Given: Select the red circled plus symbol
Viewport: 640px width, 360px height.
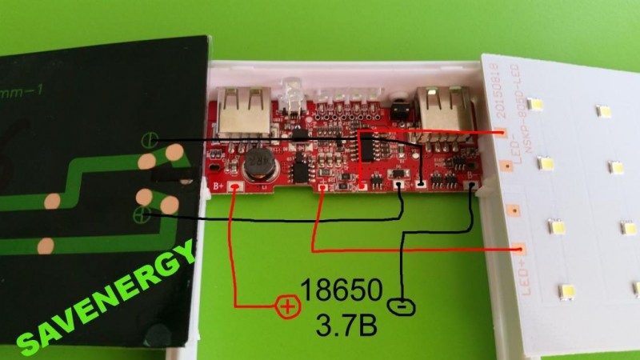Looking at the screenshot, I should [x=286, y=305].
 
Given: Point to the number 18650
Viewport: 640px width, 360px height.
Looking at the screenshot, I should [x=337, y=289].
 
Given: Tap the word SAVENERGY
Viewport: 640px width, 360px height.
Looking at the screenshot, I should [x=104, y=299].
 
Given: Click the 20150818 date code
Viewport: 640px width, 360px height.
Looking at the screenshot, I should [x=495, y=89].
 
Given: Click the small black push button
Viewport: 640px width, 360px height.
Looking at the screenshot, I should [x=398, y=107].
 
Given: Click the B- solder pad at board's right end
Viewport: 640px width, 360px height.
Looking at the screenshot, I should [x=475, y=189].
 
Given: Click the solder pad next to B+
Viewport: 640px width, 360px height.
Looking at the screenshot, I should [x=234, y=189].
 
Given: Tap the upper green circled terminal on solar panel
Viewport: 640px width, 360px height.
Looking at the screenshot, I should [x=147, y=141].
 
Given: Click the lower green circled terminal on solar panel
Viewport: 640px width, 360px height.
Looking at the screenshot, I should [x=144, y=213].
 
